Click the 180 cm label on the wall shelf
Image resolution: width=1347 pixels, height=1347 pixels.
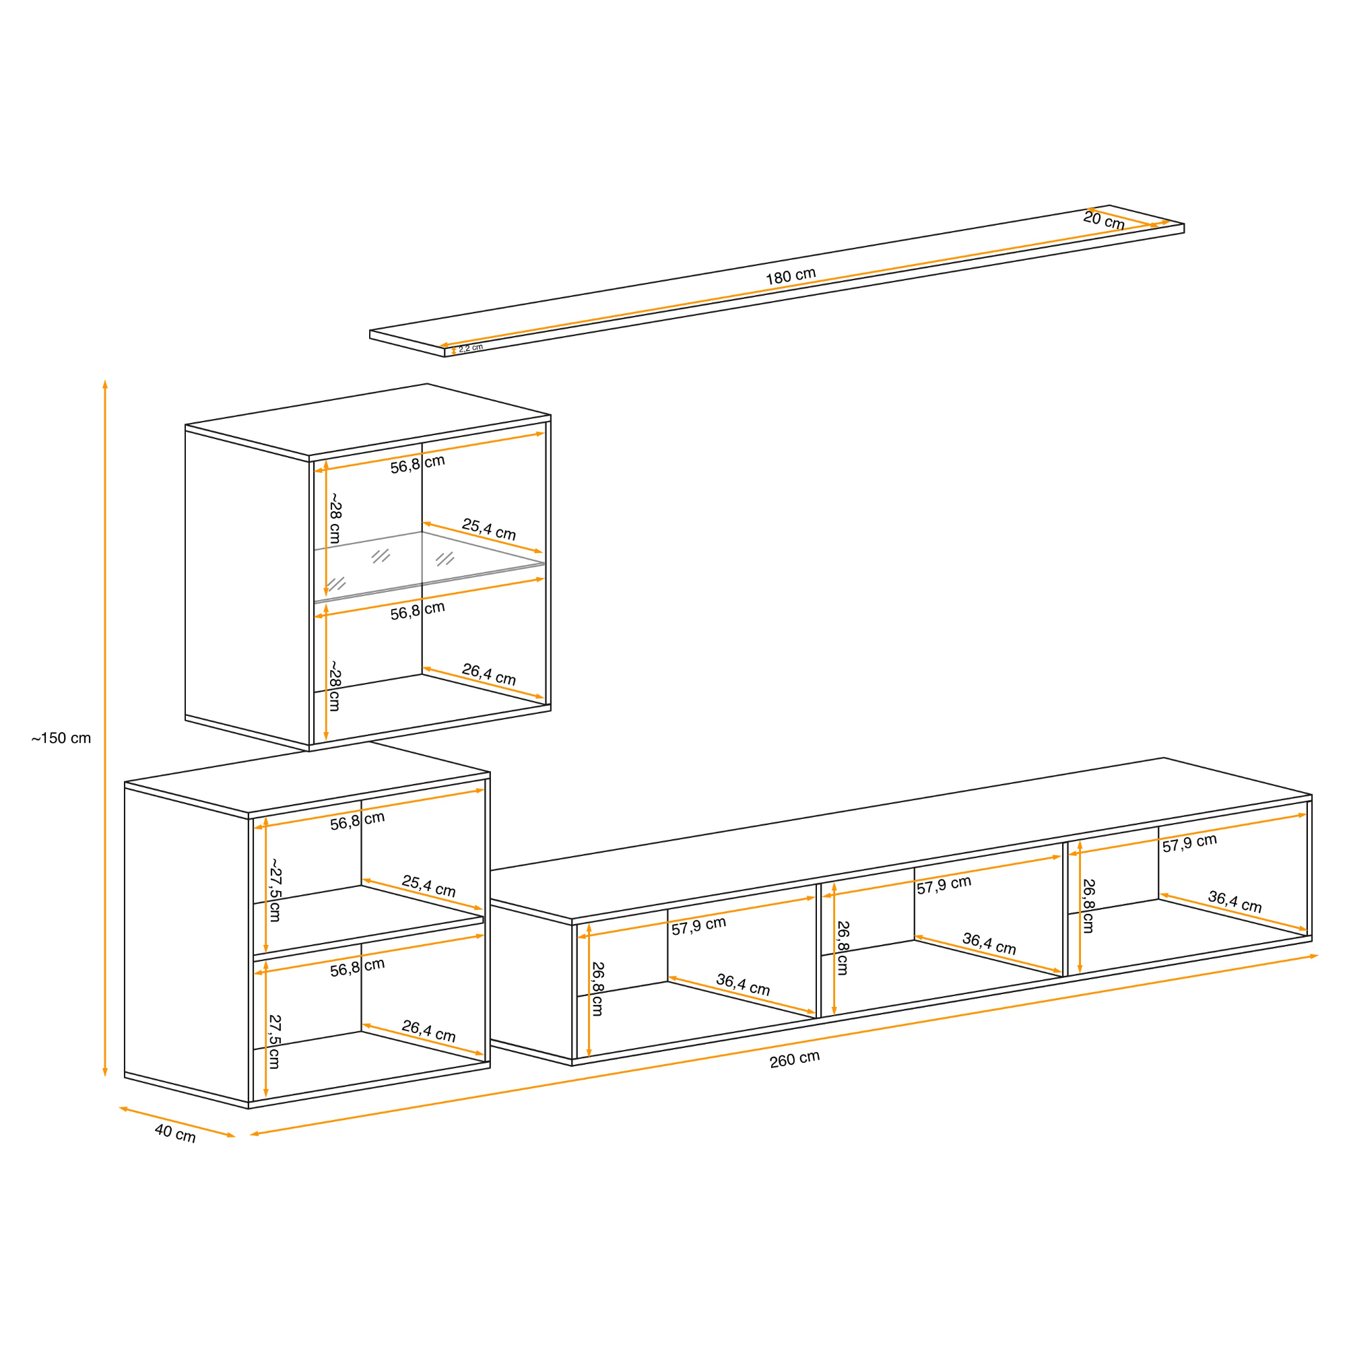791,275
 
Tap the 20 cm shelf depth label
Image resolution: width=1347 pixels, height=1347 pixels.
1104,220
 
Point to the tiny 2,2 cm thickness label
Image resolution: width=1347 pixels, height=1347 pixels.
471,348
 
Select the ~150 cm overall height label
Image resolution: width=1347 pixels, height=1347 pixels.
61,738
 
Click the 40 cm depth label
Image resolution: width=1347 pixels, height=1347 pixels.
175,1134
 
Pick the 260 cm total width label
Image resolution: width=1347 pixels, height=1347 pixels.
795,1059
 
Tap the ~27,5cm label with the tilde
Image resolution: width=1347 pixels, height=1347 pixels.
275,890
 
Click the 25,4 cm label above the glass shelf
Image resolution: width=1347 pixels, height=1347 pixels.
489,529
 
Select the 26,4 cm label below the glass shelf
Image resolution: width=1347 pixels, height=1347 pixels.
489,674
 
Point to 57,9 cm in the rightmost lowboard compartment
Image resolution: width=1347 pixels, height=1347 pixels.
1189,843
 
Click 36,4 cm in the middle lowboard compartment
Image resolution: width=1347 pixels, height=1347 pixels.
989,944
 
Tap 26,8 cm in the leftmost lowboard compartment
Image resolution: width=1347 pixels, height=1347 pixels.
597,989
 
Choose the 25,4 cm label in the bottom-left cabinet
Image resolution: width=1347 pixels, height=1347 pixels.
429,886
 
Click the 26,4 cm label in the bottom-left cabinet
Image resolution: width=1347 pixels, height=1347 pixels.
429,1031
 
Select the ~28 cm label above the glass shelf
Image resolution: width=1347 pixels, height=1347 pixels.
335,519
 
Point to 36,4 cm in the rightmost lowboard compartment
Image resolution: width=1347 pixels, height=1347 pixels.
1235,902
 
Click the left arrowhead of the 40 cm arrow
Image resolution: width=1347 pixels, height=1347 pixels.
121,1109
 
